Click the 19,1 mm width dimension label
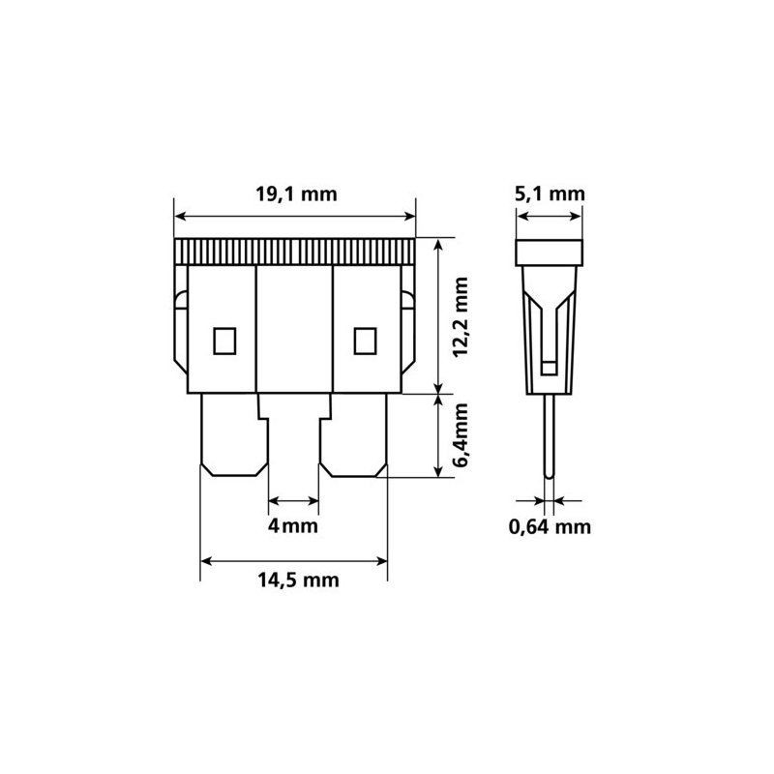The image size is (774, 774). pyautogui.click(x=295, y=193)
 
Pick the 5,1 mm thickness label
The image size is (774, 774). pyautogui.click(x=551, y=193)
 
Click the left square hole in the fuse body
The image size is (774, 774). pyautogui.click(x=223, y=341)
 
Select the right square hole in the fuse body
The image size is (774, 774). pyautogui.click(x=365, y=341)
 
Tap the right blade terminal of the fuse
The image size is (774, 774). pyautogui.click(x=354, y=435)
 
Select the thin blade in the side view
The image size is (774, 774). pyautogui.click(x=550, y=435)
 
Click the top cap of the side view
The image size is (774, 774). pyautogui.click(x=550, y=253)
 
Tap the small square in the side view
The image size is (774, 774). pyautogui.click(x=550, y=367)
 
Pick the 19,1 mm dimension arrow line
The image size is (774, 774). pyautogui.click(x=294, y=216)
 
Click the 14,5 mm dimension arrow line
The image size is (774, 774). pyautogui.click(x=294, y=559)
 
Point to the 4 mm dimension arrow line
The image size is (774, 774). pyautogui.click(x=292, y=501)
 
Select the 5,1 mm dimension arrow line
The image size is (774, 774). pyautogui.click(x=550, y=217)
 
